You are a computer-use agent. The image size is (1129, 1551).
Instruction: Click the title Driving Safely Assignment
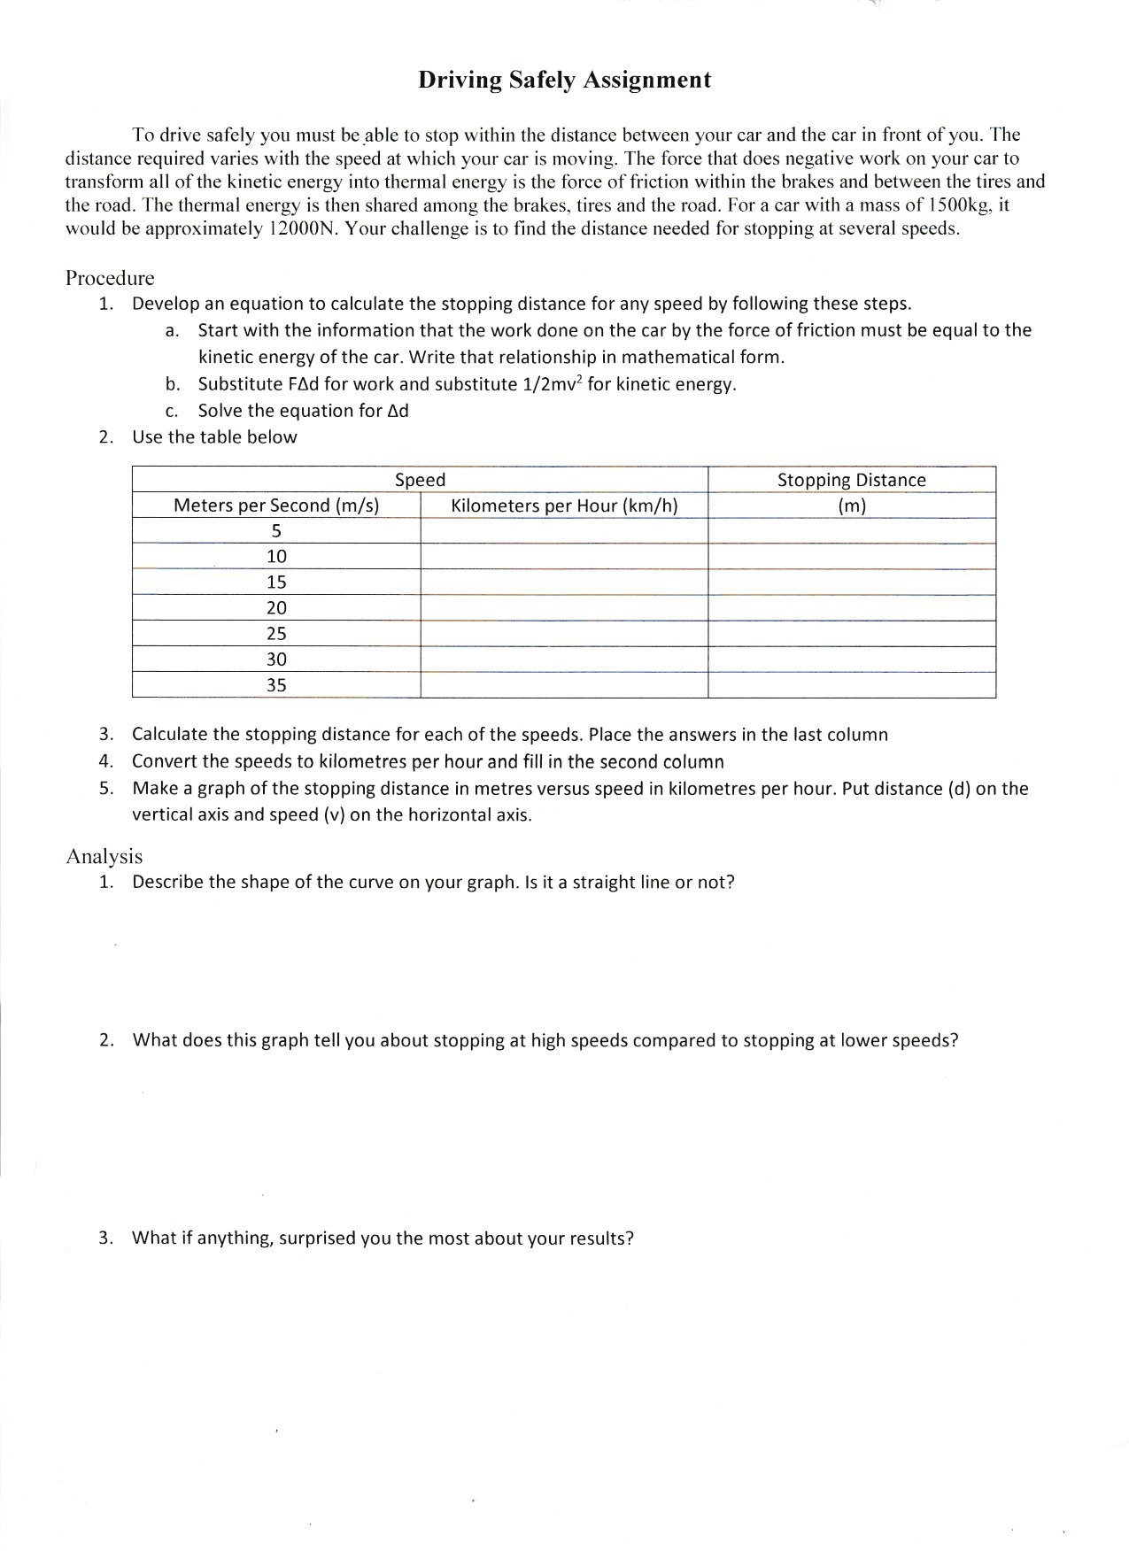coord(564,81)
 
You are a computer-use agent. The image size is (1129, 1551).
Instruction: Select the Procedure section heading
coord(110,278)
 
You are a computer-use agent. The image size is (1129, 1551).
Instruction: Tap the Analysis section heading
coord(104,856)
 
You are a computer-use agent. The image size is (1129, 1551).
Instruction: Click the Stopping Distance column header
coord(851,481)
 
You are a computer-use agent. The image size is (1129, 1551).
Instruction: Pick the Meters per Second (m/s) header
coord(276,505)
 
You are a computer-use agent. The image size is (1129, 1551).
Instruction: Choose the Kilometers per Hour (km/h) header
coord(564,505)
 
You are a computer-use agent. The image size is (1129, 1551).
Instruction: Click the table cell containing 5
coord(276,531)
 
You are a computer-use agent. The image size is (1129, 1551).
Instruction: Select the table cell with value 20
coord(276,608)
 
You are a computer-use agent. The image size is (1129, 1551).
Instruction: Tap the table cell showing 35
coord(276,685)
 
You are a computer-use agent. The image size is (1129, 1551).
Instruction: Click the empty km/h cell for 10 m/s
coord(564,557)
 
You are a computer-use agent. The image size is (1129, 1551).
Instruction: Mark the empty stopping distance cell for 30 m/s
coord(851,660)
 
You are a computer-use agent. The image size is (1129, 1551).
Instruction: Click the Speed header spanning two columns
coord(420,481)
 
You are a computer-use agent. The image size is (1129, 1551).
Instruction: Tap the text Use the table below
coord(214,437)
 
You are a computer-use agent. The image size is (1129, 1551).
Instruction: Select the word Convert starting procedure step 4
coord(163,762)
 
